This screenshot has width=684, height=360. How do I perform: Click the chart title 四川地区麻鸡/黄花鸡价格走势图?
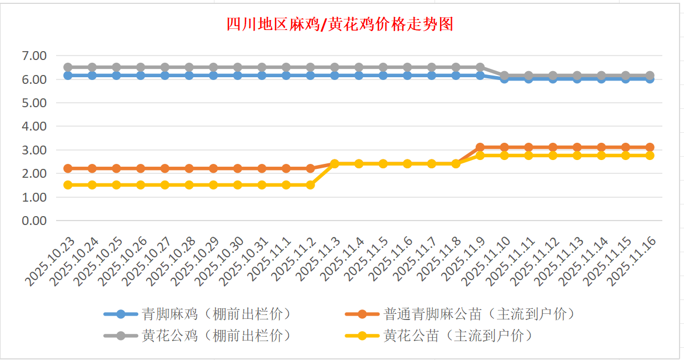340,25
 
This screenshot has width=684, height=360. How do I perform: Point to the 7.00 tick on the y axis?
34,56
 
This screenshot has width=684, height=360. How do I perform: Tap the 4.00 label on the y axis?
34,126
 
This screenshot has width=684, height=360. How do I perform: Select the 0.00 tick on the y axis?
34,221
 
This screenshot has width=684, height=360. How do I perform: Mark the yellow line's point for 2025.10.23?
68,185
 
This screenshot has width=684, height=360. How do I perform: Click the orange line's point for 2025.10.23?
68,168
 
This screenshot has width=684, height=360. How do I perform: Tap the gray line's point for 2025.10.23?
68,67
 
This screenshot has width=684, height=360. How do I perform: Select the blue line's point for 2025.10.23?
68,76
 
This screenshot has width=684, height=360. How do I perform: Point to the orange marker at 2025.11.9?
480,147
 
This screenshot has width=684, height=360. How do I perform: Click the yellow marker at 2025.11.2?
310,185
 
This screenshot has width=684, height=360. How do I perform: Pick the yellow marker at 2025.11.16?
650,156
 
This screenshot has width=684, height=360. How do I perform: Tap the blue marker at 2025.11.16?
650,79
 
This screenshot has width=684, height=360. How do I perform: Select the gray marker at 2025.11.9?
480,67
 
